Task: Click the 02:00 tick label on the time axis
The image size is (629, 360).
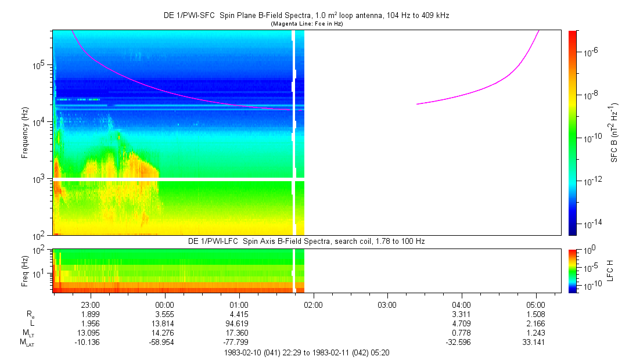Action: [x=313, y=304]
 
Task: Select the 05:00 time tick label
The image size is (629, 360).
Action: [x=535, y=304]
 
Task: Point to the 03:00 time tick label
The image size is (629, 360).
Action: [x=387, y=304]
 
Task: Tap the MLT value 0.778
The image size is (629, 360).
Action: [x=461, y=333]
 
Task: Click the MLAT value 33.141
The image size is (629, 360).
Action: [x=535, y=342]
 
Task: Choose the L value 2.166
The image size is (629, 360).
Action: [x=535, y=323]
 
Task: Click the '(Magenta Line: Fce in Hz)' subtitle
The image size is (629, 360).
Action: [x=307, y=23]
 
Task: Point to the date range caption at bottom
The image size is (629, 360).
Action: [x=307, y=352]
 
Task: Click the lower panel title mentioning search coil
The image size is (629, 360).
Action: [x=307, y=241]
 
